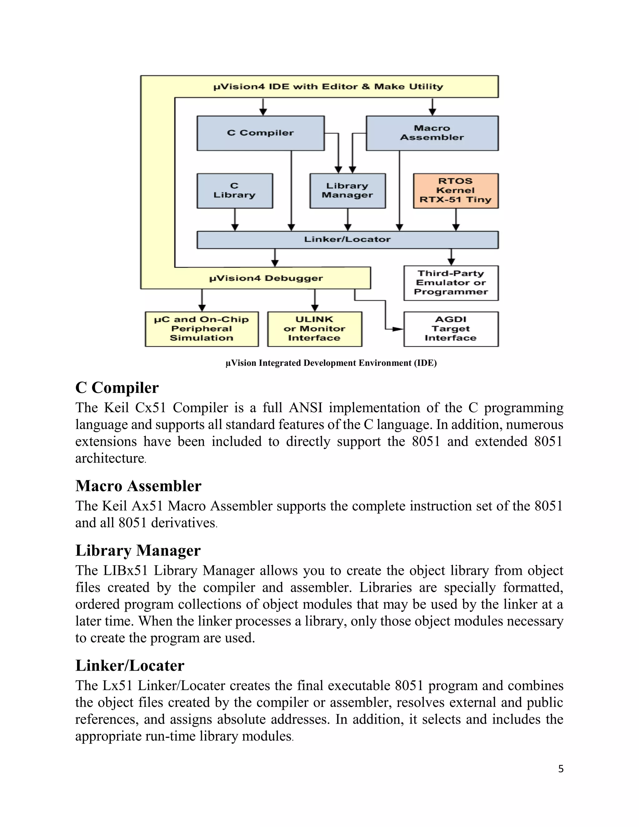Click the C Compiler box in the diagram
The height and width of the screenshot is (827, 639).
pos(261,133)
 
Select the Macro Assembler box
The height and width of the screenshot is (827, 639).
pos(432,133)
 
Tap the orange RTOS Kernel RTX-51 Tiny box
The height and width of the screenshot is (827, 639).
pos(456,190)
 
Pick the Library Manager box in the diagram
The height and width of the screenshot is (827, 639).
pos(348,190)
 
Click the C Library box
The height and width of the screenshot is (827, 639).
pos(234,190)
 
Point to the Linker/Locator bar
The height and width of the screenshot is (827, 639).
pos(347,239)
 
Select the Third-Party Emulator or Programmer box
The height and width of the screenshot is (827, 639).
pos(451,283)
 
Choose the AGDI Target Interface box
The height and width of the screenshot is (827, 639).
pos(451,329)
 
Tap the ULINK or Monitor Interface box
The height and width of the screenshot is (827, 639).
pos(315,329)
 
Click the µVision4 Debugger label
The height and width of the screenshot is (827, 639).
pos(266,278)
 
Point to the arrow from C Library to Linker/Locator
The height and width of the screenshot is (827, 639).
pos(235,220)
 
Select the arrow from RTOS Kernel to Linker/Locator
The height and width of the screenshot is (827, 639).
pos(456,220)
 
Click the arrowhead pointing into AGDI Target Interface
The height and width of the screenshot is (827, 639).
pos(398,329)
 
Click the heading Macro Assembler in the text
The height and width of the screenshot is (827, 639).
pos(138,486)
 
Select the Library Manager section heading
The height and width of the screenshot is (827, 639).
pos(138,550)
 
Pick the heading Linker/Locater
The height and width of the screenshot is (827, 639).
pos(129,665)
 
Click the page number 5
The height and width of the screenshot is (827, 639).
pos(561,769)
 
